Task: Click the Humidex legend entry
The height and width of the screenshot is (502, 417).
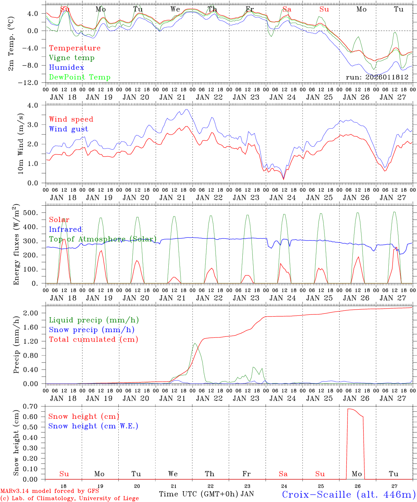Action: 66,68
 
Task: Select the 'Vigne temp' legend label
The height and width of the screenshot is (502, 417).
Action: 72,58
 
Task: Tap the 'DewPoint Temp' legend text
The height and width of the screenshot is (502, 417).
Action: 80,77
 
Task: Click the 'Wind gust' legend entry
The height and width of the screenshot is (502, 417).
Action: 68,129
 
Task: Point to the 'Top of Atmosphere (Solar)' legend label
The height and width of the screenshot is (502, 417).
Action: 103,239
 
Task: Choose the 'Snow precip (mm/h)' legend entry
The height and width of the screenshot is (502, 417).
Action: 92,330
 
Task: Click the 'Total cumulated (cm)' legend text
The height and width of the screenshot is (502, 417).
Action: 93,340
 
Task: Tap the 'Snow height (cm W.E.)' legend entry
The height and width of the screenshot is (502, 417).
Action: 93,426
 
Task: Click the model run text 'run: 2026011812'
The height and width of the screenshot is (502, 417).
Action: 377,77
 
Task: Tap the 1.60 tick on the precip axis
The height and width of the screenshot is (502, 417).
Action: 34,327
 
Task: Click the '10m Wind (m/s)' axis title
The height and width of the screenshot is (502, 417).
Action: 21,144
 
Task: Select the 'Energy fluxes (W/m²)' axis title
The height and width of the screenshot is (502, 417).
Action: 16,245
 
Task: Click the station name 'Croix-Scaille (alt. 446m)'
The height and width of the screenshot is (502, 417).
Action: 348,494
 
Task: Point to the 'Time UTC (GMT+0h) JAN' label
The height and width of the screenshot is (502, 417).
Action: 206,494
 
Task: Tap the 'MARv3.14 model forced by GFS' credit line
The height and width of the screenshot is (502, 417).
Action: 50,491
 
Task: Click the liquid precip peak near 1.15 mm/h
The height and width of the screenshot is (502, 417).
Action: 195,343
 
